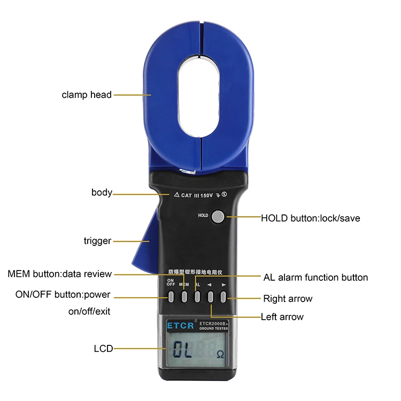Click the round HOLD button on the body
tap(218, 216)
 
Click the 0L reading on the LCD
tap(181, 351)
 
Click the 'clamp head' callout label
tap(87, 95)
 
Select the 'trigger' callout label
tap(97, 241)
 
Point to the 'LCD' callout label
tap(103, 349)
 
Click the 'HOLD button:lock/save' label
tap(310, 218)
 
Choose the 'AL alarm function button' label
tap(315, 277)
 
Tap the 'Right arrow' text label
tap(288, 298)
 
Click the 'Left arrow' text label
tap(282, 317)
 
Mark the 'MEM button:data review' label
tap(60, 274)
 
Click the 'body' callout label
tap(102, 192)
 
